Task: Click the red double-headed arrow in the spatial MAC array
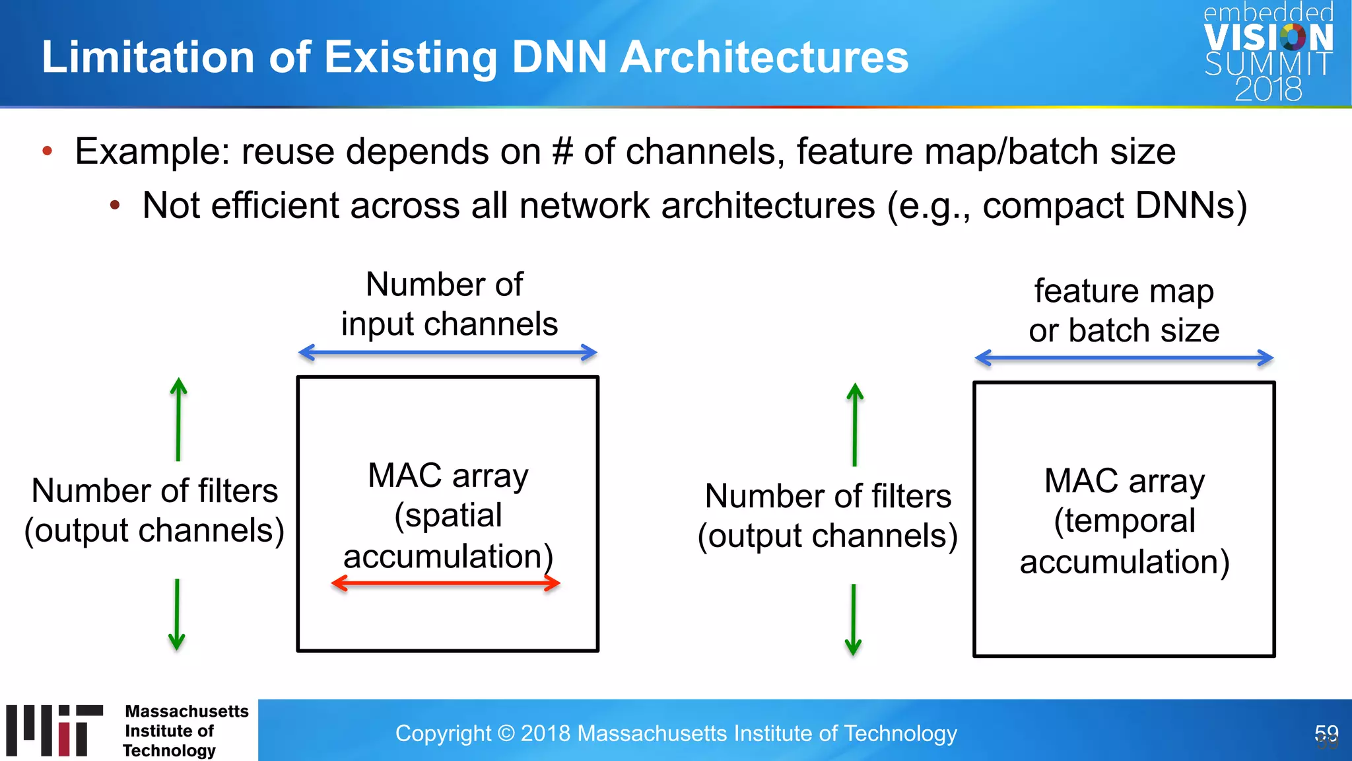point(446,583)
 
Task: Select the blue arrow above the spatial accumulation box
point(448,353)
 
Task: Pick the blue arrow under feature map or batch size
point(1124,358)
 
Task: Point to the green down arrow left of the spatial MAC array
point(177,614)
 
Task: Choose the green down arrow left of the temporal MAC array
point(854,620)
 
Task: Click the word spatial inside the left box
point(448,516)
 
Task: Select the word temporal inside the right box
point(1124,521)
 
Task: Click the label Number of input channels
point(448,305)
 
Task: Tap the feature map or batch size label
point(1124,310)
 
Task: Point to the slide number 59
point(1326,733)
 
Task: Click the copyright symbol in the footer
point(506,733)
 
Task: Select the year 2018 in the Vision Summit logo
point(1267,89)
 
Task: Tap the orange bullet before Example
point(47,151)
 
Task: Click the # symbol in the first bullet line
point(562,151)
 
